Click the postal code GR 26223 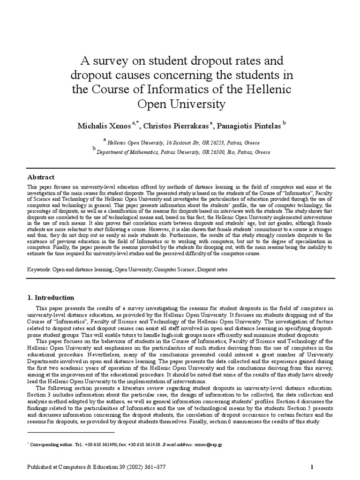(214, 142)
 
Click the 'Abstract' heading (41, 177)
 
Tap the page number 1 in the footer (312, 466)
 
